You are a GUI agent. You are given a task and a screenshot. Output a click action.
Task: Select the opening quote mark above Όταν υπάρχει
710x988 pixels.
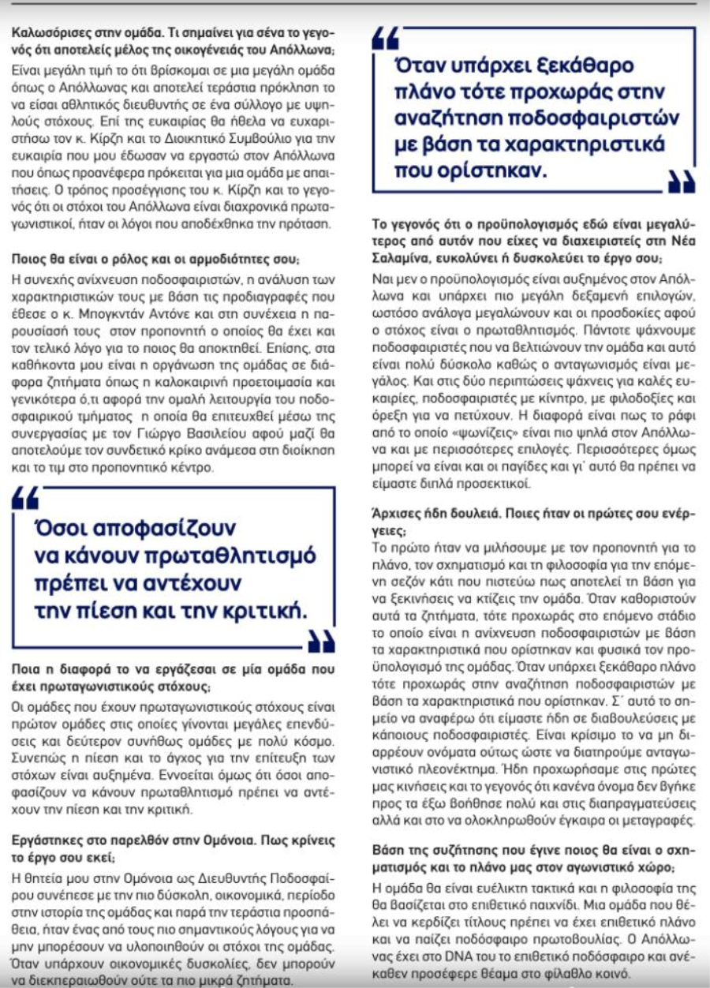[387, 37]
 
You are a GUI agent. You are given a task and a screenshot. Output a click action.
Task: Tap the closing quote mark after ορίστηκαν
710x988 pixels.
[681, 182]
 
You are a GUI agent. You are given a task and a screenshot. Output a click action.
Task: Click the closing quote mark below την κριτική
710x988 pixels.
[321, 642]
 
